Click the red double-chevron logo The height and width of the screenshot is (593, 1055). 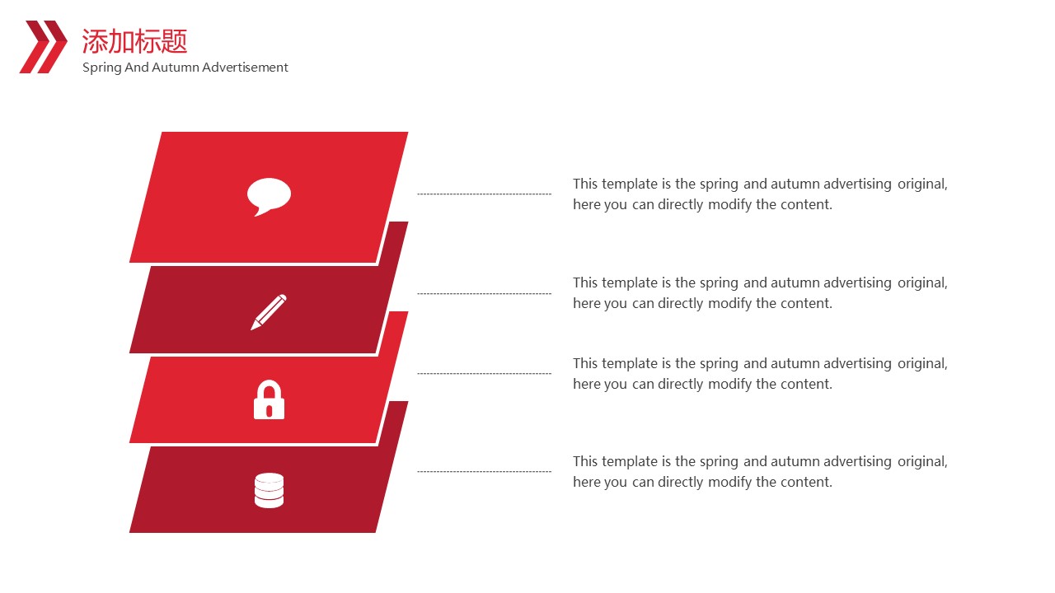43,47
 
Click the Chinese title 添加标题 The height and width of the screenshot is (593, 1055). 134,41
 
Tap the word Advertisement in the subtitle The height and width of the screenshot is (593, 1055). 245,68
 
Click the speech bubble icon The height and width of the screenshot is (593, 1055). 269,196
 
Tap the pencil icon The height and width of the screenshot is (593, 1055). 269,312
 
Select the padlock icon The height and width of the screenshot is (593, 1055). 269,399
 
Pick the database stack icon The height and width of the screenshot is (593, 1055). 269,490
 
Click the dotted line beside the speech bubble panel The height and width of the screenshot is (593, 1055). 484,194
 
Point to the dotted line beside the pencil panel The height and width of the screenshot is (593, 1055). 484,293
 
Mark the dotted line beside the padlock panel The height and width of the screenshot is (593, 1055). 484,374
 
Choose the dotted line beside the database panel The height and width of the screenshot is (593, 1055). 484,471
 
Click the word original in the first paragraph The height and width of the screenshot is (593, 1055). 922,184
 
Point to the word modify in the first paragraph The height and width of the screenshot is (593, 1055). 729,205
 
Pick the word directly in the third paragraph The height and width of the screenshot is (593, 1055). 680,385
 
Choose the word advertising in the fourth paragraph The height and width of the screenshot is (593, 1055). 857,462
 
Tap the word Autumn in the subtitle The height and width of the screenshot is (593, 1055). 176,68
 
